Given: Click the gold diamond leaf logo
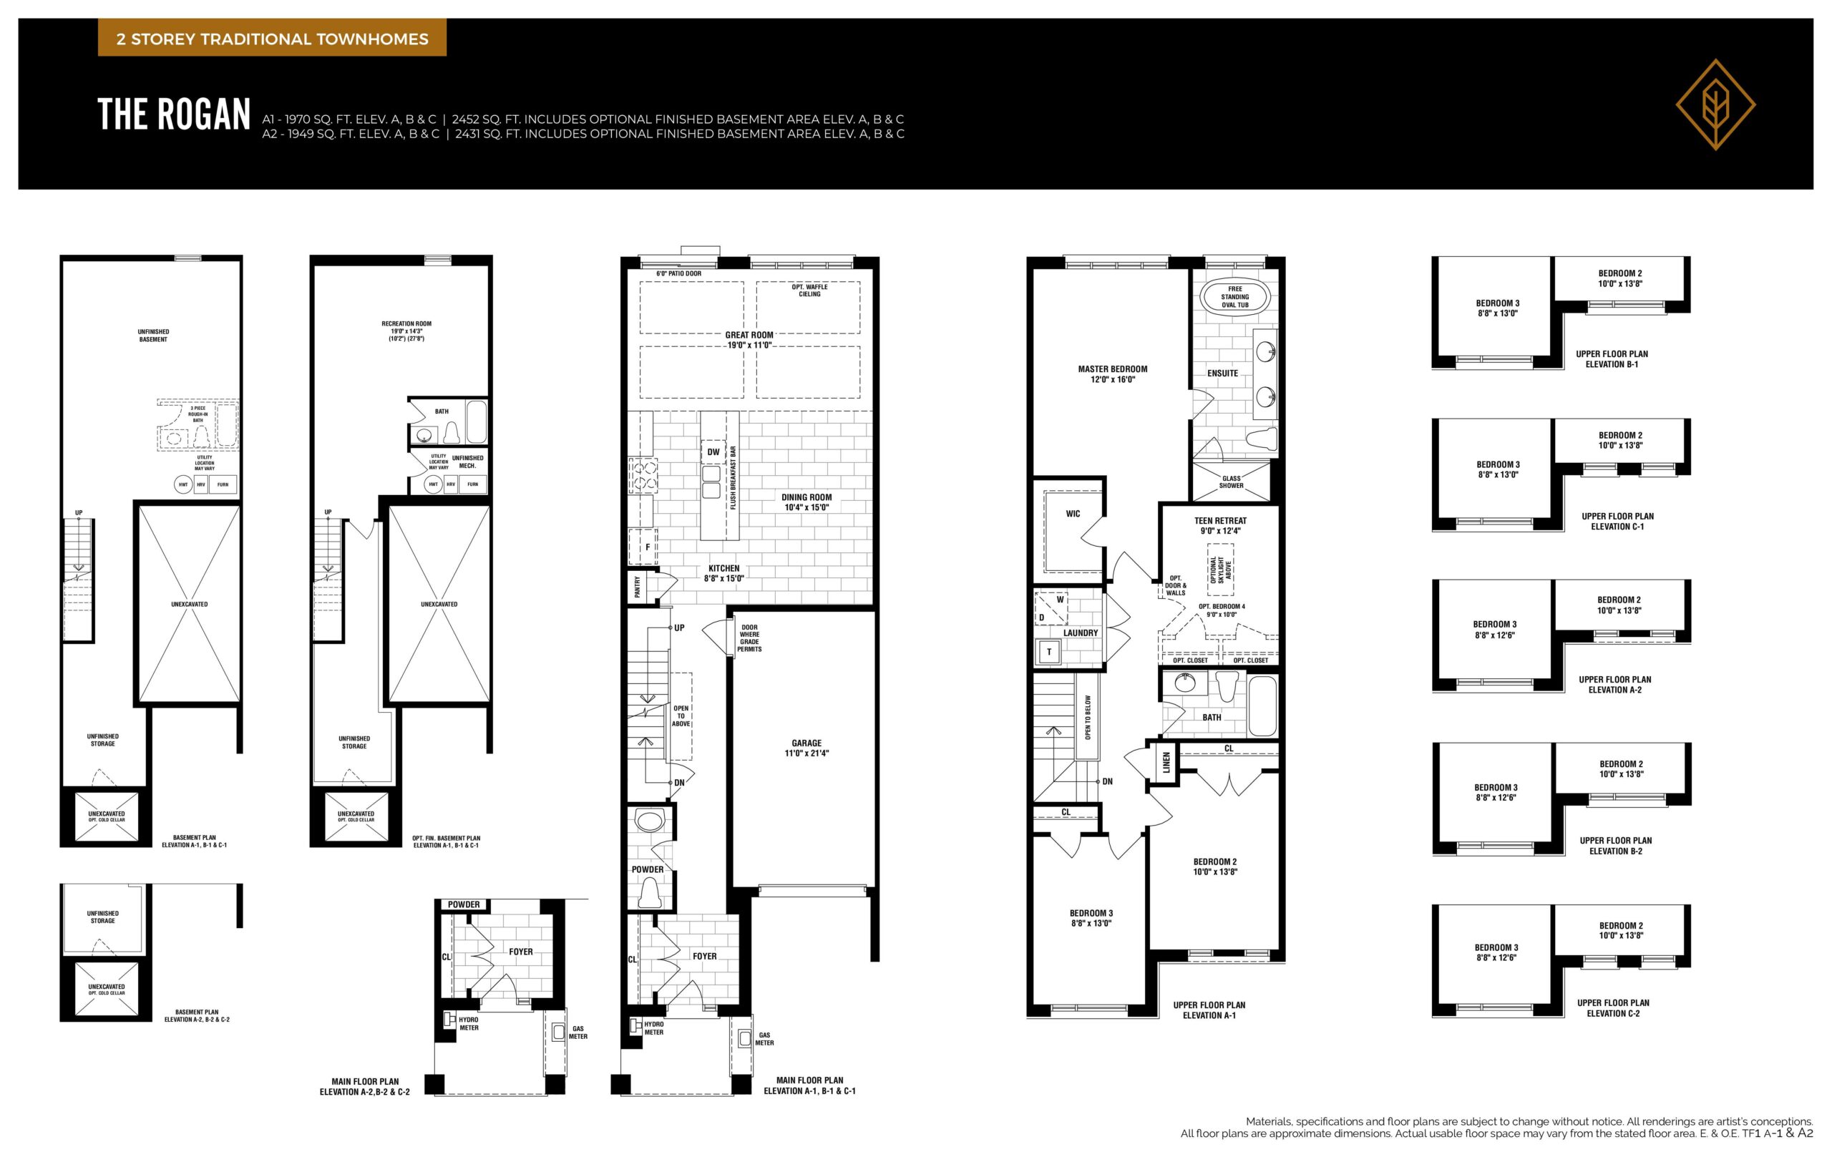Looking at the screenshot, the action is point(1715,104).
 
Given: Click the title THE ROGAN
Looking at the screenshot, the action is point(174,115).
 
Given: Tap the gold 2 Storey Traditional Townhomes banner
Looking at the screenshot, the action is point(272,39).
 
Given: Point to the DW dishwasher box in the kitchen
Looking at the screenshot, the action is point(713,451).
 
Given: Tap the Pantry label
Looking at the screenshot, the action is point(638,587).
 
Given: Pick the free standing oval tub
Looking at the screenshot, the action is point(1234,297).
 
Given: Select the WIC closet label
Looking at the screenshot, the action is point(1073,514).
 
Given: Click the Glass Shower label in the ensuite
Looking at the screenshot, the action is point(1231,482).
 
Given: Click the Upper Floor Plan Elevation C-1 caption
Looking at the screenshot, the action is point(1617,521).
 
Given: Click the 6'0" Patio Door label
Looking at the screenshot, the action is point(678,274).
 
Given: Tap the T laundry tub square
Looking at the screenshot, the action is point(1049,652).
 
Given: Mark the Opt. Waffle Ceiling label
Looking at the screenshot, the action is point(809,291).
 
